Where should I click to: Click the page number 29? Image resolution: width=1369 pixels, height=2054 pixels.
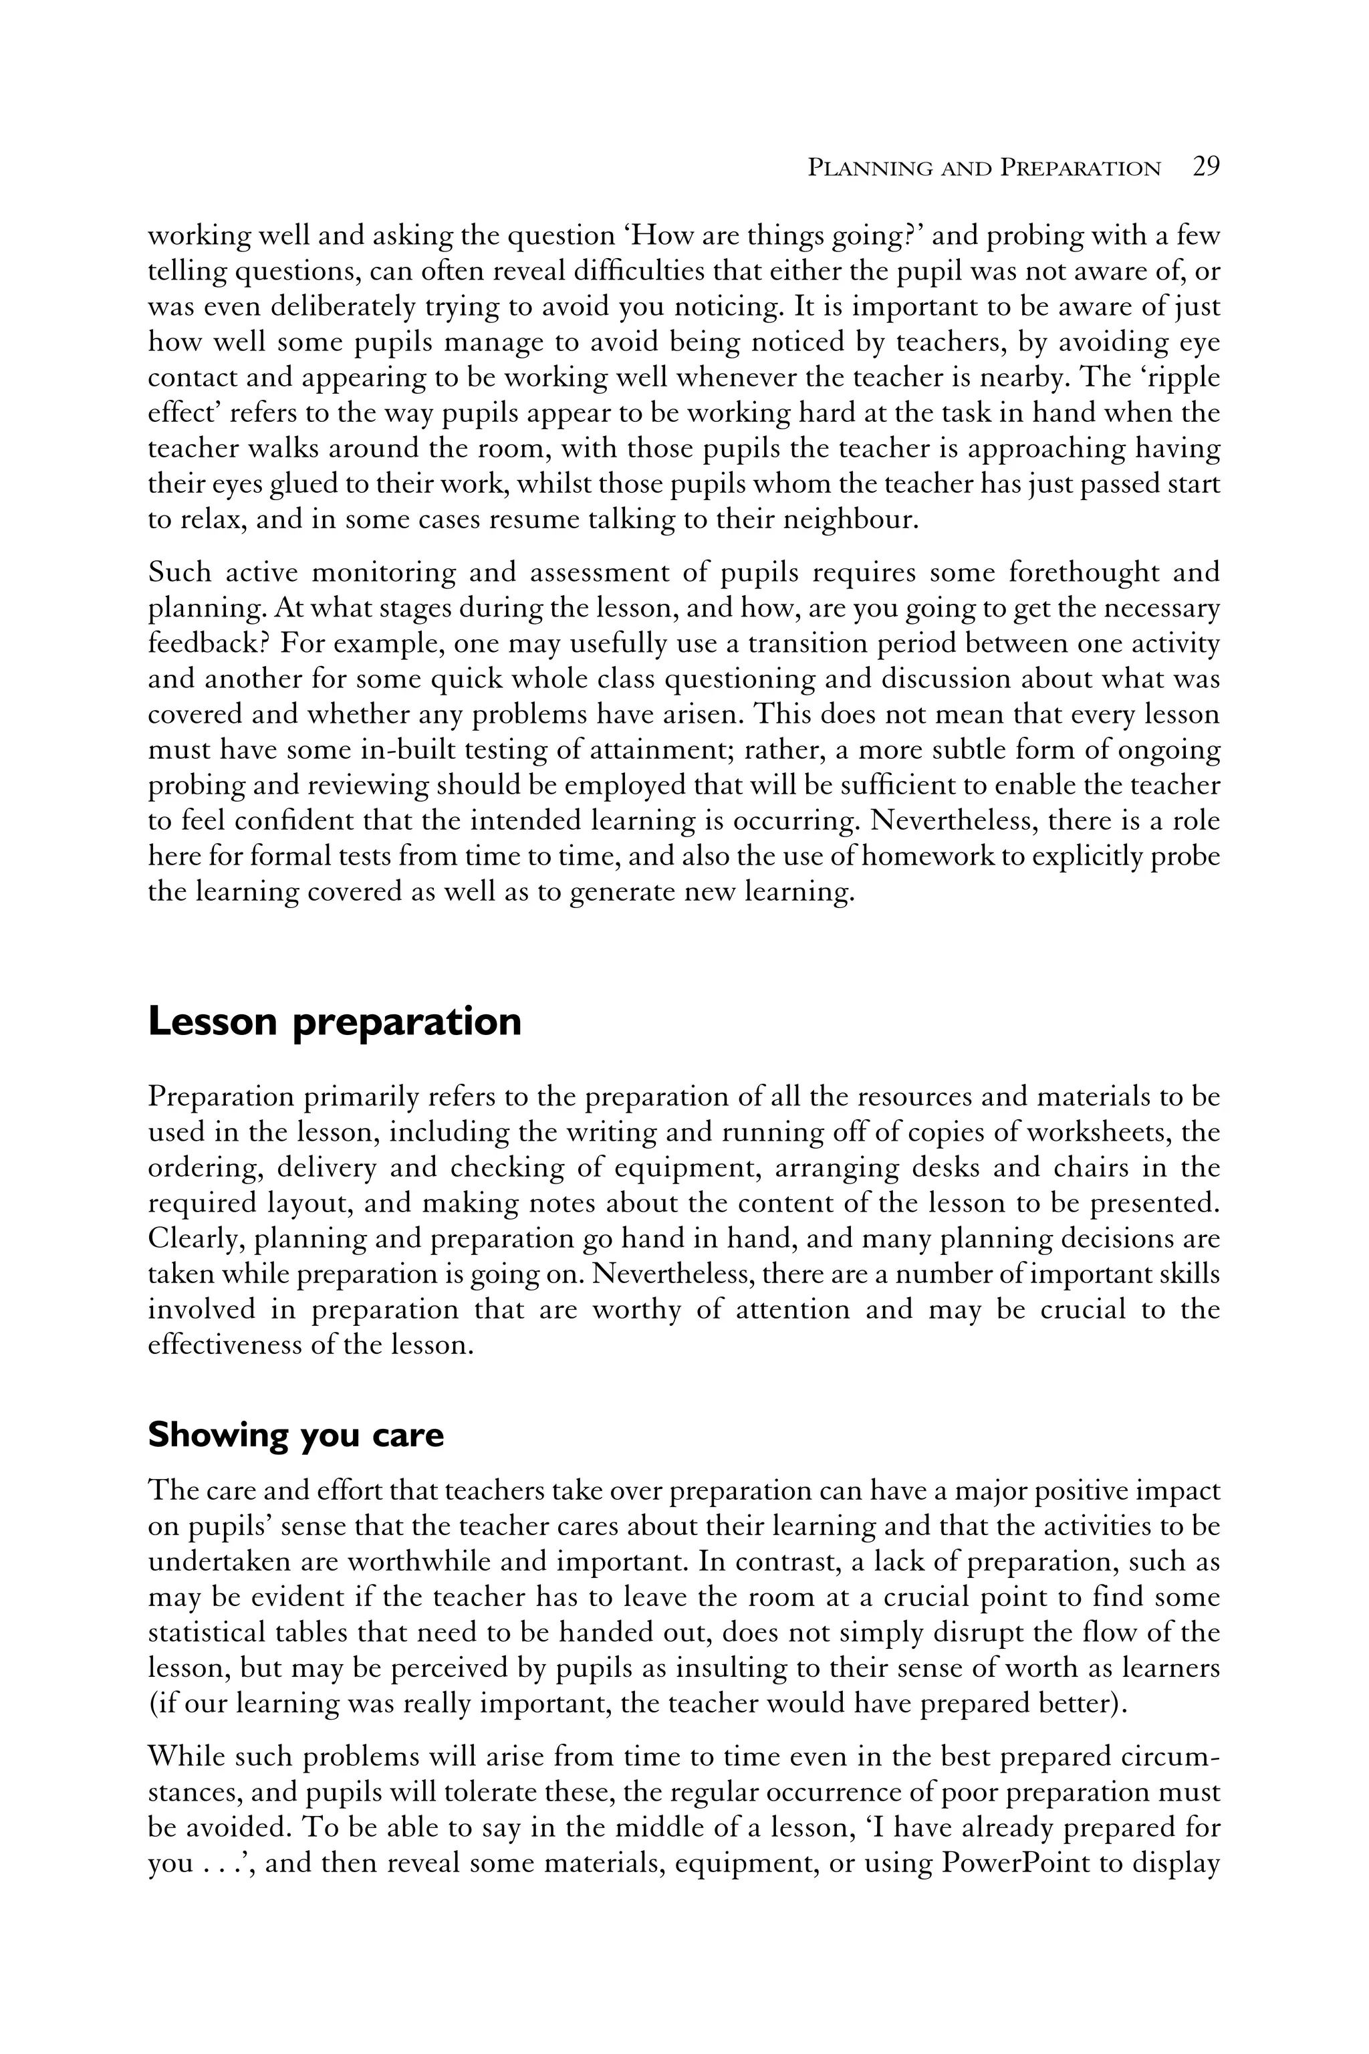pos(1206,166)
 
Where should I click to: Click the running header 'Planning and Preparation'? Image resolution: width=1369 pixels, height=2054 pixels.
pos(984,168)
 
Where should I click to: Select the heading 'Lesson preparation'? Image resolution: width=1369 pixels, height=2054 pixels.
pos(334,1022)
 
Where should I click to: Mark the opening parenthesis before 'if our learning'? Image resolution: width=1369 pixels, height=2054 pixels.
pos(152,1704)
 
